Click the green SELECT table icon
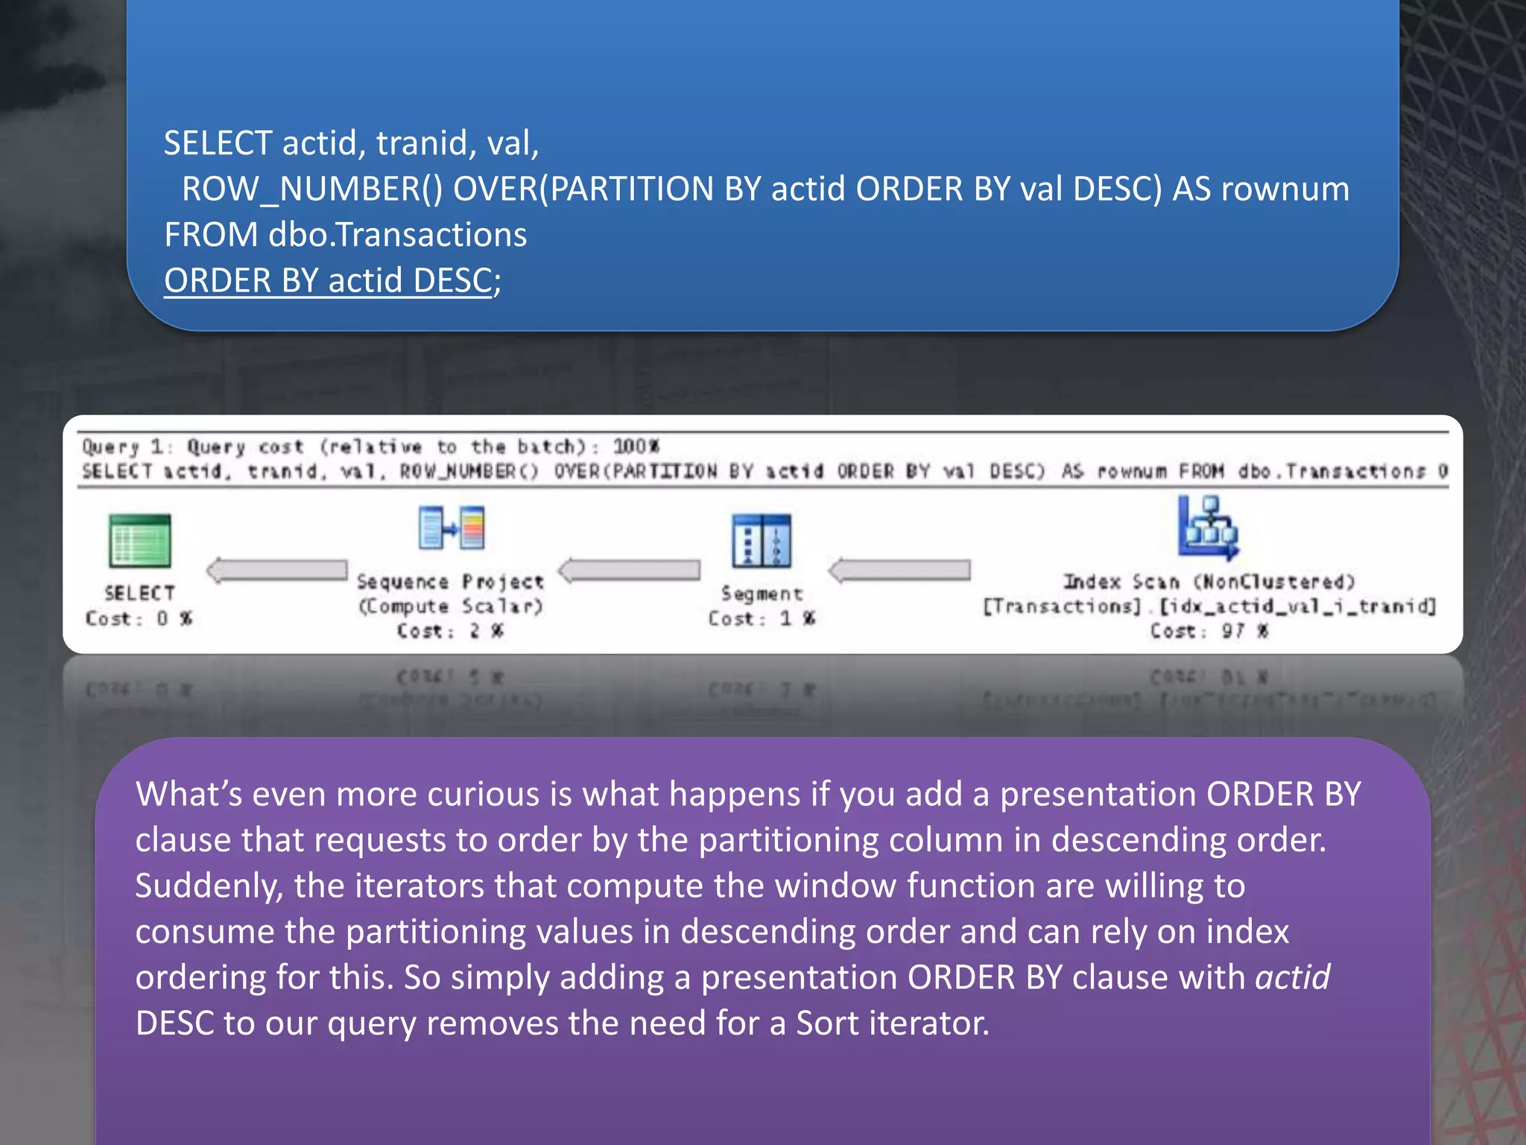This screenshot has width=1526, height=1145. (139, 540)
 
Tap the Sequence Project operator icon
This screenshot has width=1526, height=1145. (452, 527)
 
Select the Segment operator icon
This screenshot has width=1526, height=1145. (761, 540)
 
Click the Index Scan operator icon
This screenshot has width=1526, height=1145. (1208, 528)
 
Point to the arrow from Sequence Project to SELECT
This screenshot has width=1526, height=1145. (277, 570)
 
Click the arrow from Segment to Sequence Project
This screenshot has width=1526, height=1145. (630, 570)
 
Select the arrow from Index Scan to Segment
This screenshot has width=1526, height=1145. (899, 570)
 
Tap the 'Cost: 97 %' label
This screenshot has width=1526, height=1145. (1209, 631)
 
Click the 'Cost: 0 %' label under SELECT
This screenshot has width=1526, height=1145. (139, 619)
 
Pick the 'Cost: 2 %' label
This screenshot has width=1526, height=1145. (451, 631)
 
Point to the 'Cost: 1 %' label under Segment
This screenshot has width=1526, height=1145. (762, 619)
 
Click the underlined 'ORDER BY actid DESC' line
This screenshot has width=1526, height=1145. (328, 281)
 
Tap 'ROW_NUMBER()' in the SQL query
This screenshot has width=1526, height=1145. (312, 189)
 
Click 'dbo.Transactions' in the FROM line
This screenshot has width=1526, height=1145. (398, 235)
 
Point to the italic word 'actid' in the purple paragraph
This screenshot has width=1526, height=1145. (1293, 977)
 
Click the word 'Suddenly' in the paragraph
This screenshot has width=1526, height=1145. (209, 886)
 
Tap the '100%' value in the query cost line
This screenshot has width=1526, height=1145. (636, 447)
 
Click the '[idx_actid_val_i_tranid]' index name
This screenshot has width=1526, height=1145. (1297, 606)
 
